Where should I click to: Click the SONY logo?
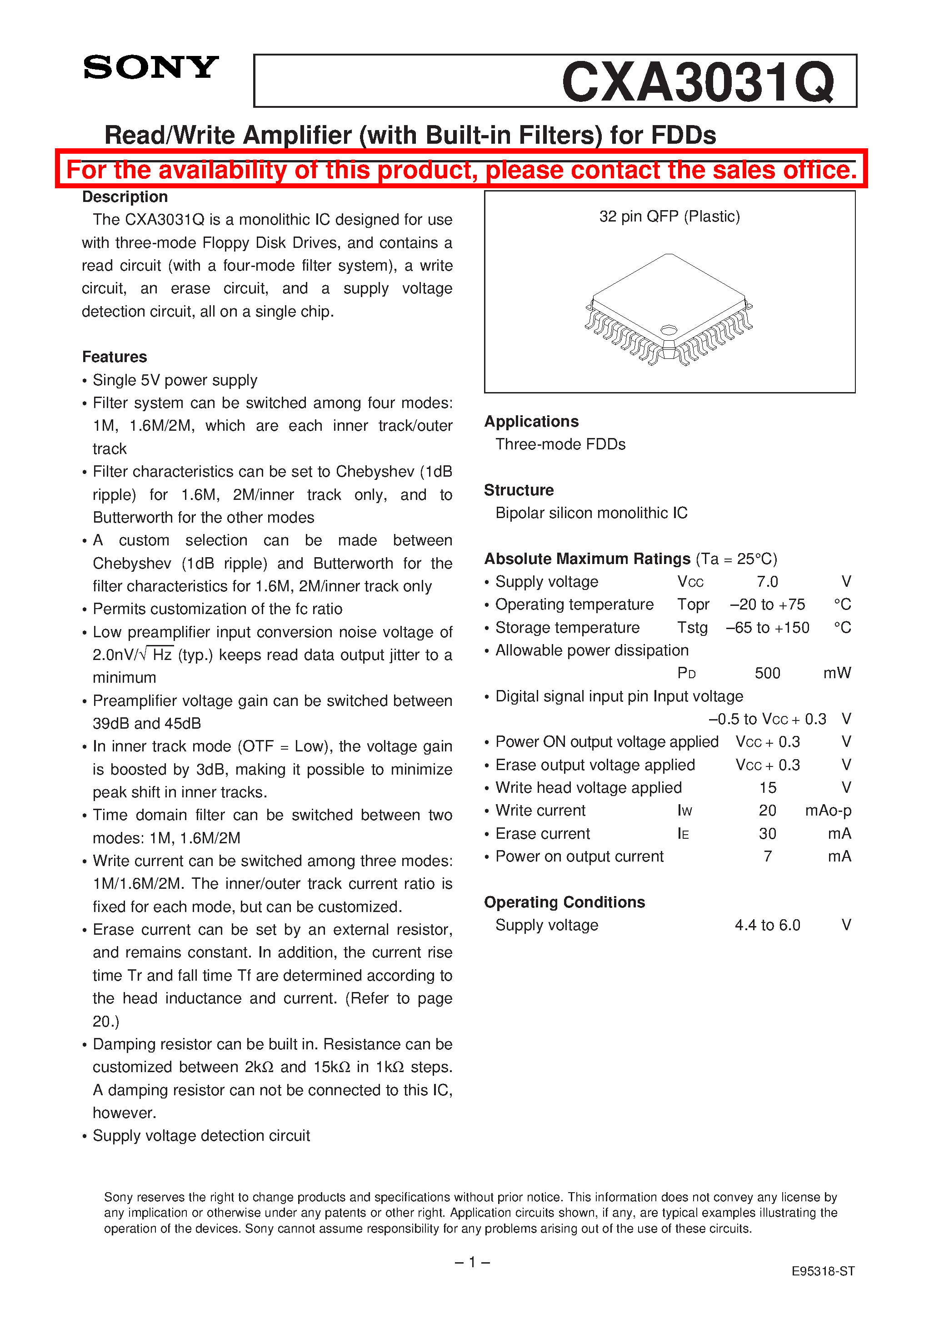[150, 68]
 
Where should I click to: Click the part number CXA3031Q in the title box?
[698, 82]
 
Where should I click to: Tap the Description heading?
[125, 197]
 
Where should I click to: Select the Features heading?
[114, 357]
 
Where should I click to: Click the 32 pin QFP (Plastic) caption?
[669, 217]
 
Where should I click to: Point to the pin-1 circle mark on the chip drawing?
[669, 330]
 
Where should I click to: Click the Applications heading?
[531, 422]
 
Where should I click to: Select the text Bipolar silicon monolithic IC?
[591, 513]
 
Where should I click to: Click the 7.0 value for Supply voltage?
[767, 582]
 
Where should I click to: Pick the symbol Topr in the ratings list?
[693, 605]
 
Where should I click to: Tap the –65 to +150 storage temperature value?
[767, 628]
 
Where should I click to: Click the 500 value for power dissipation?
[767, 674]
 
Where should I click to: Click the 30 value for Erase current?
[767, 834]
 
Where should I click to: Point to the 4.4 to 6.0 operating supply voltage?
[767, 926]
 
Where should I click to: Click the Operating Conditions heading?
[564, 902]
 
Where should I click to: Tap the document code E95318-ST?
[823, 1271]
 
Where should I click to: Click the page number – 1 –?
[472, 1262]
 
